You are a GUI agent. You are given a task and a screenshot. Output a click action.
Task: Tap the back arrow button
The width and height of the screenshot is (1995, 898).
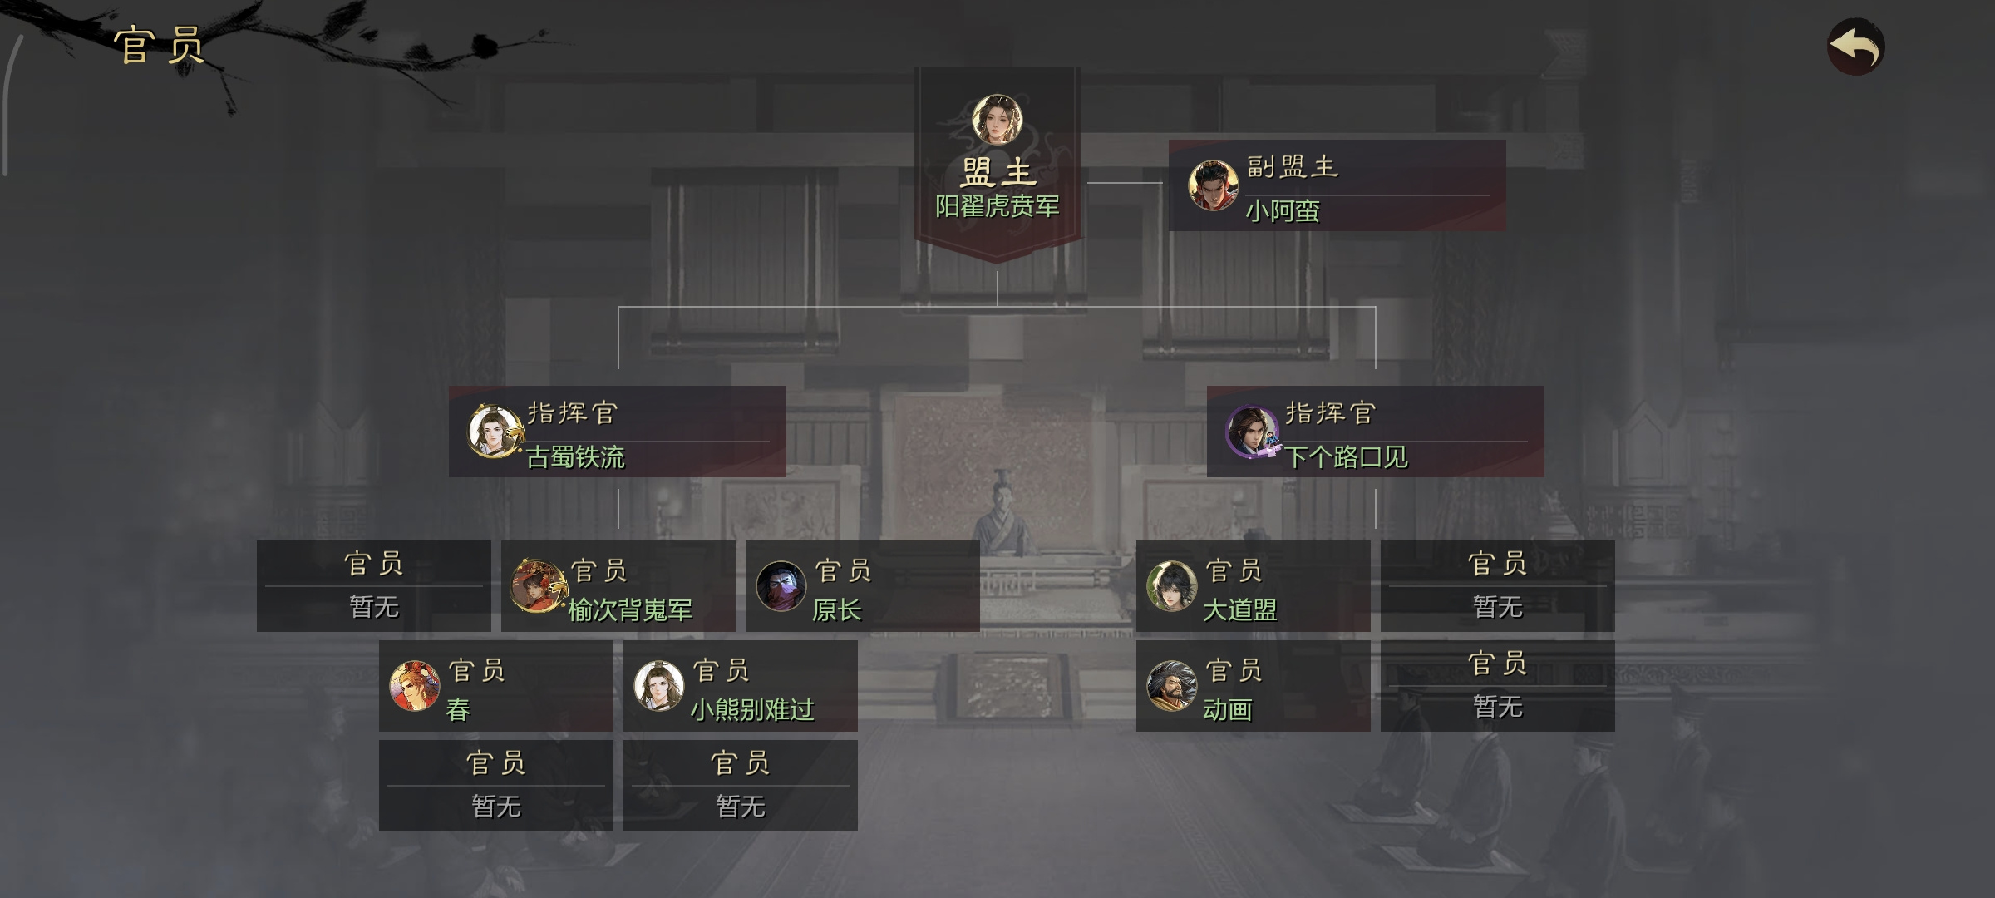pos(1855,47)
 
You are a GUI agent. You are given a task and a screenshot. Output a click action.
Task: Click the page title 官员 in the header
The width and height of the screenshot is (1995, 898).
pos(160,45)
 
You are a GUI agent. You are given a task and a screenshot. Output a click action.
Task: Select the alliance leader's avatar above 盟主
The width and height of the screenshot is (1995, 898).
pos(997,119)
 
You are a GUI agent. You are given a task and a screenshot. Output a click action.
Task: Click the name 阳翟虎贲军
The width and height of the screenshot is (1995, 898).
pos(997,205)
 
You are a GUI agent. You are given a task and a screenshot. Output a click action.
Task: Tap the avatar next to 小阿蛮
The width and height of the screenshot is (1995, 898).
pos(1213,185)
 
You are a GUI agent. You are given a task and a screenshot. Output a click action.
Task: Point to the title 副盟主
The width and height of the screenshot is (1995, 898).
pos(1292,166)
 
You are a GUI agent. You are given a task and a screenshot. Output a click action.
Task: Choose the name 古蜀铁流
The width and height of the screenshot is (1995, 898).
pos(575,456)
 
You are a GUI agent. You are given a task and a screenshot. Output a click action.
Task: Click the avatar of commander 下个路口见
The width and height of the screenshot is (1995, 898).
pos(1252,432)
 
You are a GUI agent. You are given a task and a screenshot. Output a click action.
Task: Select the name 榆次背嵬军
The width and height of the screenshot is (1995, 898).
pos(630,610)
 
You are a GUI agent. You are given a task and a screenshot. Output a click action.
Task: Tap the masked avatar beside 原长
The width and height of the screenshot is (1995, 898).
pos(781,585)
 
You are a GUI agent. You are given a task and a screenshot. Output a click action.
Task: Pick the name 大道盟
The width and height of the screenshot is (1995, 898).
pos(1239,610)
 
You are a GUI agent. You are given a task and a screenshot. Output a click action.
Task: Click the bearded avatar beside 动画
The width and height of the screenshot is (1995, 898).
pos(1171,686)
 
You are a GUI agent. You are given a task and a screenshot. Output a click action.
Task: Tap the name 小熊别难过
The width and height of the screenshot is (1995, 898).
pos(752,709)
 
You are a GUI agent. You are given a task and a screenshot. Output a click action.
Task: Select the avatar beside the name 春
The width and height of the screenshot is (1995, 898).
pos(415,686)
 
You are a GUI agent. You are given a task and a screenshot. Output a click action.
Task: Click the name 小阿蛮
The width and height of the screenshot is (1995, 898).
pos(1282,210)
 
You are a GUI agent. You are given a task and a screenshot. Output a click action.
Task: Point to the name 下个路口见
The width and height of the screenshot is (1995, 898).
pos(1346,456)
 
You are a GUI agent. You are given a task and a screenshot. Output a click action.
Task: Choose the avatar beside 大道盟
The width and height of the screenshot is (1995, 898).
pos(1171,585)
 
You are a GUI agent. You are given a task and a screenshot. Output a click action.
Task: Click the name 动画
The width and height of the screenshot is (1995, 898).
pos(1227,709)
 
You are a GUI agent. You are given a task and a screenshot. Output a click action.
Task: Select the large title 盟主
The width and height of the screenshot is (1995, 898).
pos(998,173)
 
